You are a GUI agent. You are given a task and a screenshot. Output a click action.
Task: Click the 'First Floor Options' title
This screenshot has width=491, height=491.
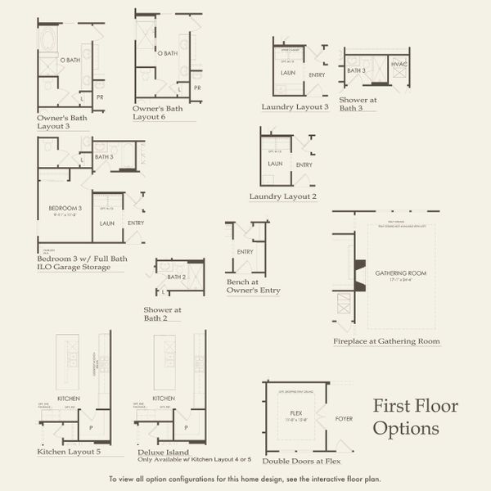415,417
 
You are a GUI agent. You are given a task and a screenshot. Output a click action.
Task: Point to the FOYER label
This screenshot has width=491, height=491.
345,419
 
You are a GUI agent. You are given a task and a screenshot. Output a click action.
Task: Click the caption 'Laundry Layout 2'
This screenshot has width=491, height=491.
283,196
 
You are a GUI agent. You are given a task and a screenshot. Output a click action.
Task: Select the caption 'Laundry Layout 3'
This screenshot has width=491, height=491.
295,106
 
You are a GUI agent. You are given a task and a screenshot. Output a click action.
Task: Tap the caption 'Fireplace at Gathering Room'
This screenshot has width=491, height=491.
386,340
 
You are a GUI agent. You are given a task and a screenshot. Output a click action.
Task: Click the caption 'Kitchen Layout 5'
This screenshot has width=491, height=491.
70,451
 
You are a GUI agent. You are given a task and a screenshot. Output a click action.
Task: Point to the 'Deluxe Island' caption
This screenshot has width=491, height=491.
162,452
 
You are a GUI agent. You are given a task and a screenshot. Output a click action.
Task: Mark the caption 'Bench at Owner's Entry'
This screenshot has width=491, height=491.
254,286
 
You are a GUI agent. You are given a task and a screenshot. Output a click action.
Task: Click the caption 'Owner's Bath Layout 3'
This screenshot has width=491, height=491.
62,122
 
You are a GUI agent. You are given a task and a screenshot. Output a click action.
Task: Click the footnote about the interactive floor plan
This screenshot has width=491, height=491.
245,479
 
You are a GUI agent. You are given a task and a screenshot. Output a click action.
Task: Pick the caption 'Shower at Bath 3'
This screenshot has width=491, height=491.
358,103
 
